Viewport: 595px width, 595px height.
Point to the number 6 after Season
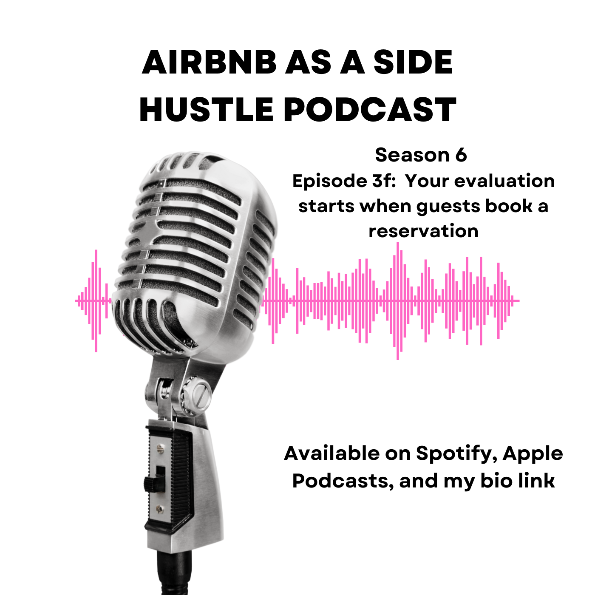coord(461,155)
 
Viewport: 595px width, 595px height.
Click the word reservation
coord(423,231)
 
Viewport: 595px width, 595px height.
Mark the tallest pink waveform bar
coord(398,301)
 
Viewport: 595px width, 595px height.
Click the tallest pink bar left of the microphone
coord(96,301)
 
